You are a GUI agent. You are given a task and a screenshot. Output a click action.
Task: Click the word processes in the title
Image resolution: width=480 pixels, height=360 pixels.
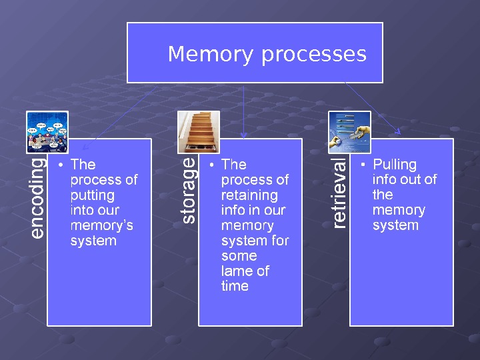coord(313,55)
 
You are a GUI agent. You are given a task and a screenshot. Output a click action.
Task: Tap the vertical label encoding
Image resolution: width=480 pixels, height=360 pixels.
coord(38,197)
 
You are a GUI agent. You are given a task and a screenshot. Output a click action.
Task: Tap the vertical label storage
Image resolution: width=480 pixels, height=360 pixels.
coord(189,189)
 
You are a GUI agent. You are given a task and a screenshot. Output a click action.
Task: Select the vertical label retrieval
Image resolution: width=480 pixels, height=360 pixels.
coord(340,193)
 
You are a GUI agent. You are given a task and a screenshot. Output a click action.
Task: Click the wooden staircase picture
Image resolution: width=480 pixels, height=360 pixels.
coord(199,132)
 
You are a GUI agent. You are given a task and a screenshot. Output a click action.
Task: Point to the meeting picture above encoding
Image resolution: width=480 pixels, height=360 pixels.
coord(47,132)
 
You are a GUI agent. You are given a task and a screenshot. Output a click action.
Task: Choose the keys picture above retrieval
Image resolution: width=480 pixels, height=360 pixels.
coord(349,132)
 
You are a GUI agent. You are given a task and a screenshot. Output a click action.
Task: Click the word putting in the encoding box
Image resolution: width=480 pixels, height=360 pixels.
coord(92,195)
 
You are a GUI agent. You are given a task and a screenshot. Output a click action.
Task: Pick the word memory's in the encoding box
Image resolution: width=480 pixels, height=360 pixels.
coord(101,225)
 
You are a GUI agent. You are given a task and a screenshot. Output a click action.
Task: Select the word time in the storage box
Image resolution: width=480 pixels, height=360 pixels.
coord(235,287)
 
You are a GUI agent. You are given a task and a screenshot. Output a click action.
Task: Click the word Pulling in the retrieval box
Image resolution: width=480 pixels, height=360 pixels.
coord(394,165)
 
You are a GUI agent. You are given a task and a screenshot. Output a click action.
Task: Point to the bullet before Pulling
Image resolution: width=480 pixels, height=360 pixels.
coord(363,165)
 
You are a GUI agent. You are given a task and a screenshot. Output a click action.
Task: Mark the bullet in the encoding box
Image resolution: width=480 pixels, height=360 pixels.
coord(61,165)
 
